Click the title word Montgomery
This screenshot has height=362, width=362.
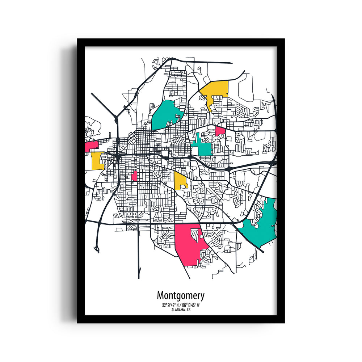point(180,296)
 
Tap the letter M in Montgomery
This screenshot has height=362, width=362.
point(160,295)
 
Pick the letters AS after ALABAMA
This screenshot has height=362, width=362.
point(189,310)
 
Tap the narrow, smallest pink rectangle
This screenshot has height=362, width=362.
point(134,176)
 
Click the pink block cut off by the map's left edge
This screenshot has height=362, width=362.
point(91,146)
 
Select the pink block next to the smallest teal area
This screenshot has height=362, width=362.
point(220,131)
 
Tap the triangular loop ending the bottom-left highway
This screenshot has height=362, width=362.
point(97,249)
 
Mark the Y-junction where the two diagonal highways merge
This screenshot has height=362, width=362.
point(116,118)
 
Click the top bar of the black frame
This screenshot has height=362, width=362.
point(181,42)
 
